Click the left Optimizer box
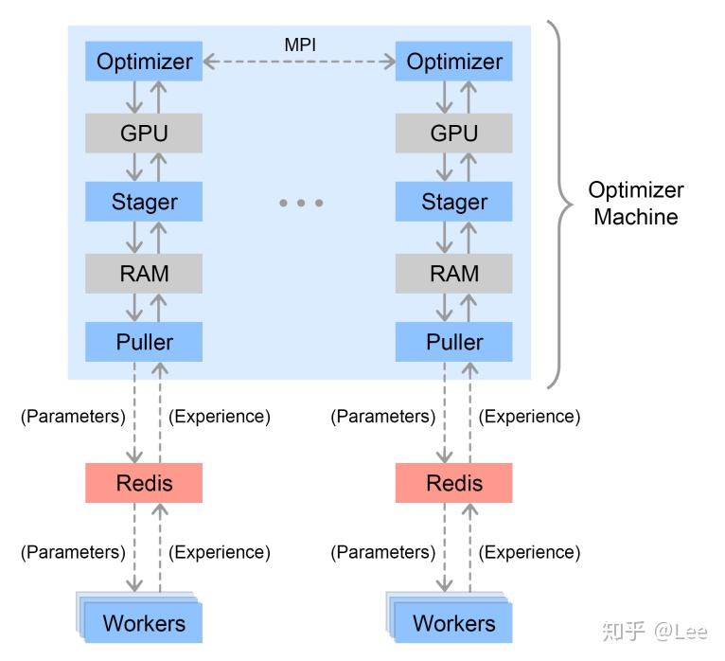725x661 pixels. click(144, 63)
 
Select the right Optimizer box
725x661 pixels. click(454, 63)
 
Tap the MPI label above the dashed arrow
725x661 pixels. click(302, 45)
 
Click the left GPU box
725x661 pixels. click(144, 133)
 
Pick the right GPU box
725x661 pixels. click(454, 133)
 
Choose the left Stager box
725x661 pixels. click(144, 202)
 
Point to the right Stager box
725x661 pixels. click(454, 202)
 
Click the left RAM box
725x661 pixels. click(144, 273)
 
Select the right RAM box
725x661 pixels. click(454, 273)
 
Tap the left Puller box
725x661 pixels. click(144, 342)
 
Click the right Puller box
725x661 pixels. click(454, 342)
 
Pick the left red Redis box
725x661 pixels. click(144, 483)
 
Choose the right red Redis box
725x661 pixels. click(454, 483)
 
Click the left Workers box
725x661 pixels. click(144, 623)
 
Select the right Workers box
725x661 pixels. click(454, 623)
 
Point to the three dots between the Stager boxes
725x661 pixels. click(301, 203)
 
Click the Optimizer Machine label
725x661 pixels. click(635, 203)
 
